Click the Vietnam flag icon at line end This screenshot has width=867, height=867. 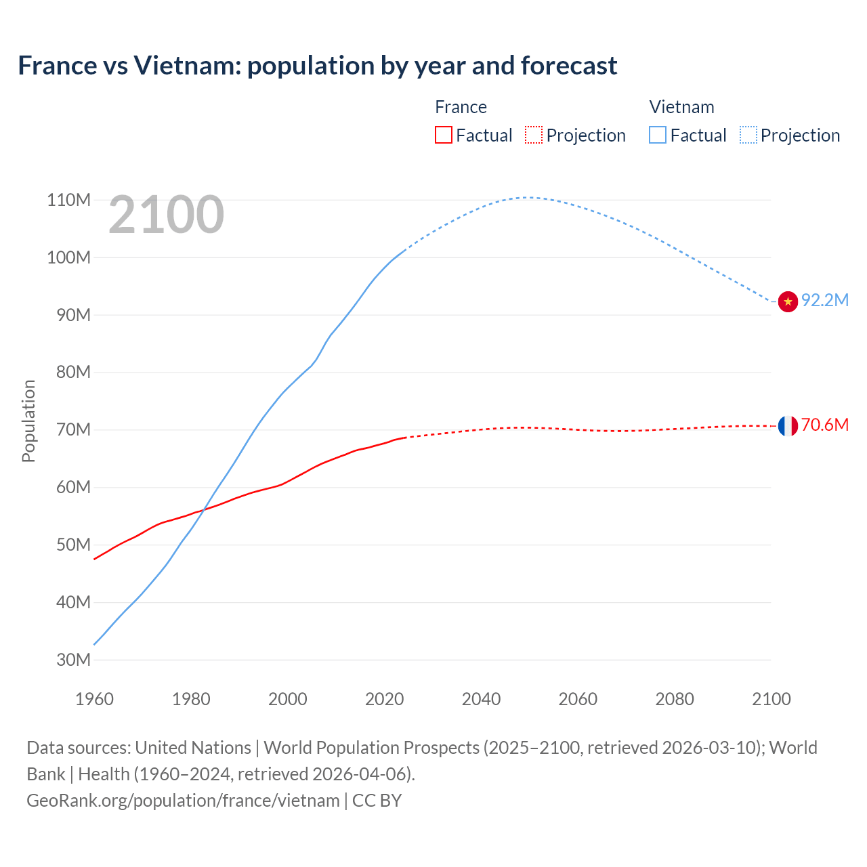[788, 301]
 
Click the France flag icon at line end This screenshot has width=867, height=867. [788, 426]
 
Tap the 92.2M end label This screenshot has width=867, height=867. [825, 300]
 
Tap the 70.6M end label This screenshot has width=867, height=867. [825, 425]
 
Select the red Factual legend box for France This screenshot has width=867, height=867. [443, 135]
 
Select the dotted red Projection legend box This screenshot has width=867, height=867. [534, 135]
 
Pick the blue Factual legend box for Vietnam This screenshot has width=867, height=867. [658, 135]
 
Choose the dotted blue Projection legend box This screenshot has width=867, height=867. [748, 135]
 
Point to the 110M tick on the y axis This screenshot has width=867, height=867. [69, 200]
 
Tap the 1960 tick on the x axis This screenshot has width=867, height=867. [94, 699]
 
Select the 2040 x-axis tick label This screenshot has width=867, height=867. [481, 699]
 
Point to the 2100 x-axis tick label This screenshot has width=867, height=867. [771, 699]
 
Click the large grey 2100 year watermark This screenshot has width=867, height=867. [166, 215]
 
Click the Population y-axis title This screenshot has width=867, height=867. [28, 421]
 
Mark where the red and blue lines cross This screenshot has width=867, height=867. [204, 509]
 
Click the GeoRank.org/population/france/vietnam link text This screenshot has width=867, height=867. [183, 801]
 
